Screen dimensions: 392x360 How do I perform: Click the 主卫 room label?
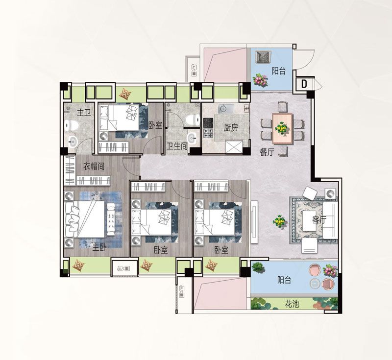point(84,113)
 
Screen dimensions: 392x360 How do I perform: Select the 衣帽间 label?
point(94,167)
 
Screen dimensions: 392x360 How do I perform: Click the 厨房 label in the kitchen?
point(231,128)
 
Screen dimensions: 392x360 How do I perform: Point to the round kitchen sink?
point(223,109)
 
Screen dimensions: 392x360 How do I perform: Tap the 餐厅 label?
point(267,152)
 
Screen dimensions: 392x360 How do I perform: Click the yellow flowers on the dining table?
point(281,128)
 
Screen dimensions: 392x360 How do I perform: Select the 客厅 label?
point(319,220)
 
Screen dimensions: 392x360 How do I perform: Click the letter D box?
point(304,84)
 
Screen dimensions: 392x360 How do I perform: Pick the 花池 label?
point(292,304)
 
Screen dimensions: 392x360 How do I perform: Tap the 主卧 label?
point(99,247)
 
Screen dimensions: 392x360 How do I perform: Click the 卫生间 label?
point(177,145)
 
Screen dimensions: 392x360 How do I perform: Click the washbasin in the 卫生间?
point(193,138)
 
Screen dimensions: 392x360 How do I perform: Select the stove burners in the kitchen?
point(208,128)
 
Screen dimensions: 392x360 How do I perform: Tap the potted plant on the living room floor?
point(279,221)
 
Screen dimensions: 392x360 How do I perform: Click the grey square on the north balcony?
point(263,57)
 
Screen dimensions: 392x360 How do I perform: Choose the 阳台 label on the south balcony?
point(284,280)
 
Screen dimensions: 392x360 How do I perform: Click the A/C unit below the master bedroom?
point(124,268)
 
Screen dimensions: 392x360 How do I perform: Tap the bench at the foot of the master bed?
point(111,219)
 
